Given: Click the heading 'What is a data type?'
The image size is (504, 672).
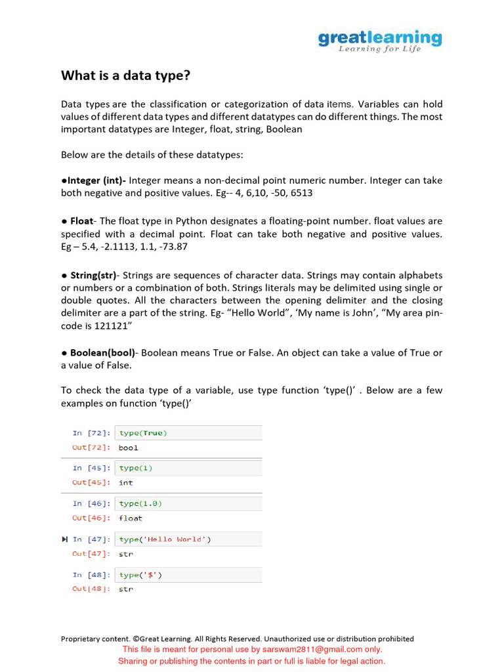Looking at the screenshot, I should click(125, 75).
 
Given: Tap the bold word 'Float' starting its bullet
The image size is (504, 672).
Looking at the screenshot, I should click(82, 221).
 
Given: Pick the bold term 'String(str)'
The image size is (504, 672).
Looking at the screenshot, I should click(93, 275).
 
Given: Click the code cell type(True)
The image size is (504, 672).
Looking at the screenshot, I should click(143, 433).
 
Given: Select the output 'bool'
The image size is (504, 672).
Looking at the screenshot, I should click(129, 448).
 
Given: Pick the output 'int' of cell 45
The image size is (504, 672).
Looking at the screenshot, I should click(125, 482).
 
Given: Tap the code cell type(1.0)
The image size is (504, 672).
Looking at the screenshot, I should click(140, 503).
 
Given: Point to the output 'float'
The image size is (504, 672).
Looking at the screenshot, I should click(131, 518).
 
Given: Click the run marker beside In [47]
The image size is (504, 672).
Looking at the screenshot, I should click(64, 539).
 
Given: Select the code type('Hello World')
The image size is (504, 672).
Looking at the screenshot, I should click(165, 539).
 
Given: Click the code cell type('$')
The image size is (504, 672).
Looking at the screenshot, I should click(140, 575).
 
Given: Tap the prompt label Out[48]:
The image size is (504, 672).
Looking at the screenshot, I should click(91, 589).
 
